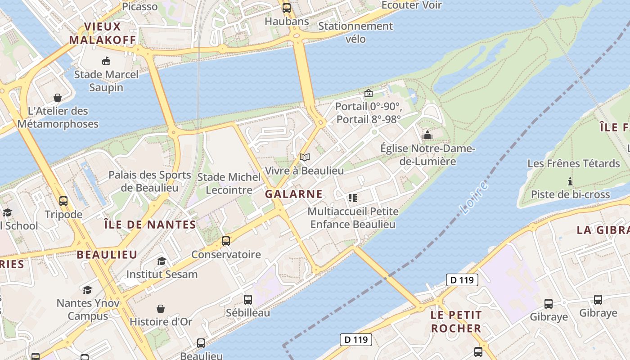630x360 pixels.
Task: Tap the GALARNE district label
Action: click(293, 194)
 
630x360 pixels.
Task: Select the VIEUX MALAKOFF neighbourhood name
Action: click(102, 33)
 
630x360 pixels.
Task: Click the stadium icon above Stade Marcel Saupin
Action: click(106, 61)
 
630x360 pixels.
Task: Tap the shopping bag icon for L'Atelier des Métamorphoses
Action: click(58, 98)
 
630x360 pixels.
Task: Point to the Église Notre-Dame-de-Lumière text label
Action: click(427, 155)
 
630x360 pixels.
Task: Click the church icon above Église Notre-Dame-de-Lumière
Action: click(427, 135)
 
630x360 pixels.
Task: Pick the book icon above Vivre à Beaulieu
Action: click(305, 157)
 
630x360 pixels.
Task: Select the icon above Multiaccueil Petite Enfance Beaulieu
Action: click(352, 198)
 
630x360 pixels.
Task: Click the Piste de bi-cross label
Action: click(570, 194)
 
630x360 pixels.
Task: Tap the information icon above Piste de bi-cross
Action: click(570, 182)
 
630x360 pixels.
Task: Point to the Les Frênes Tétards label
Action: click(573, 163)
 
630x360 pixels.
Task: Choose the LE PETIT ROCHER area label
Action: click(456, 321)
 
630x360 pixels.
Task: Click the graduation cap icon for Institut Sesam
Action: click(162, 261)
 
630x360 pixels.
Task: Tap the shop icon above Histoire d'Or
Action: click(161, 309)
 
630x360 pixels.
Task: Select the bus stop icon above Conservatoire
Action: click(226, 241)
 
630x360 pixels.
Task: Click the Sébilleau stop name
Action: click(248, 313)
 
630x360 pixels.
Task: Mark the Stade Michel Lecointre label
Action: click(229, 184)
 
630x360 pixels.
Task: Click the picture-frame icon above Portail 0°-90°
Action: click(369, 93)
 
